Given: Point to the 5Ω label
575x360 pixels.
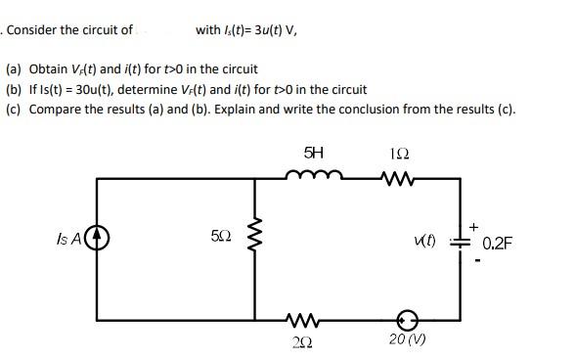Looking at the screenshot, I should click(221, 238).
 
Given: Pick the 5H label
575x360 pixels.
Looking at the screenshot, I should click(313, 154).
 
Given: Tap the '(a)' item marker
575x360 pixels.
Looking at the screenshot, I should click(15, 69).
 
